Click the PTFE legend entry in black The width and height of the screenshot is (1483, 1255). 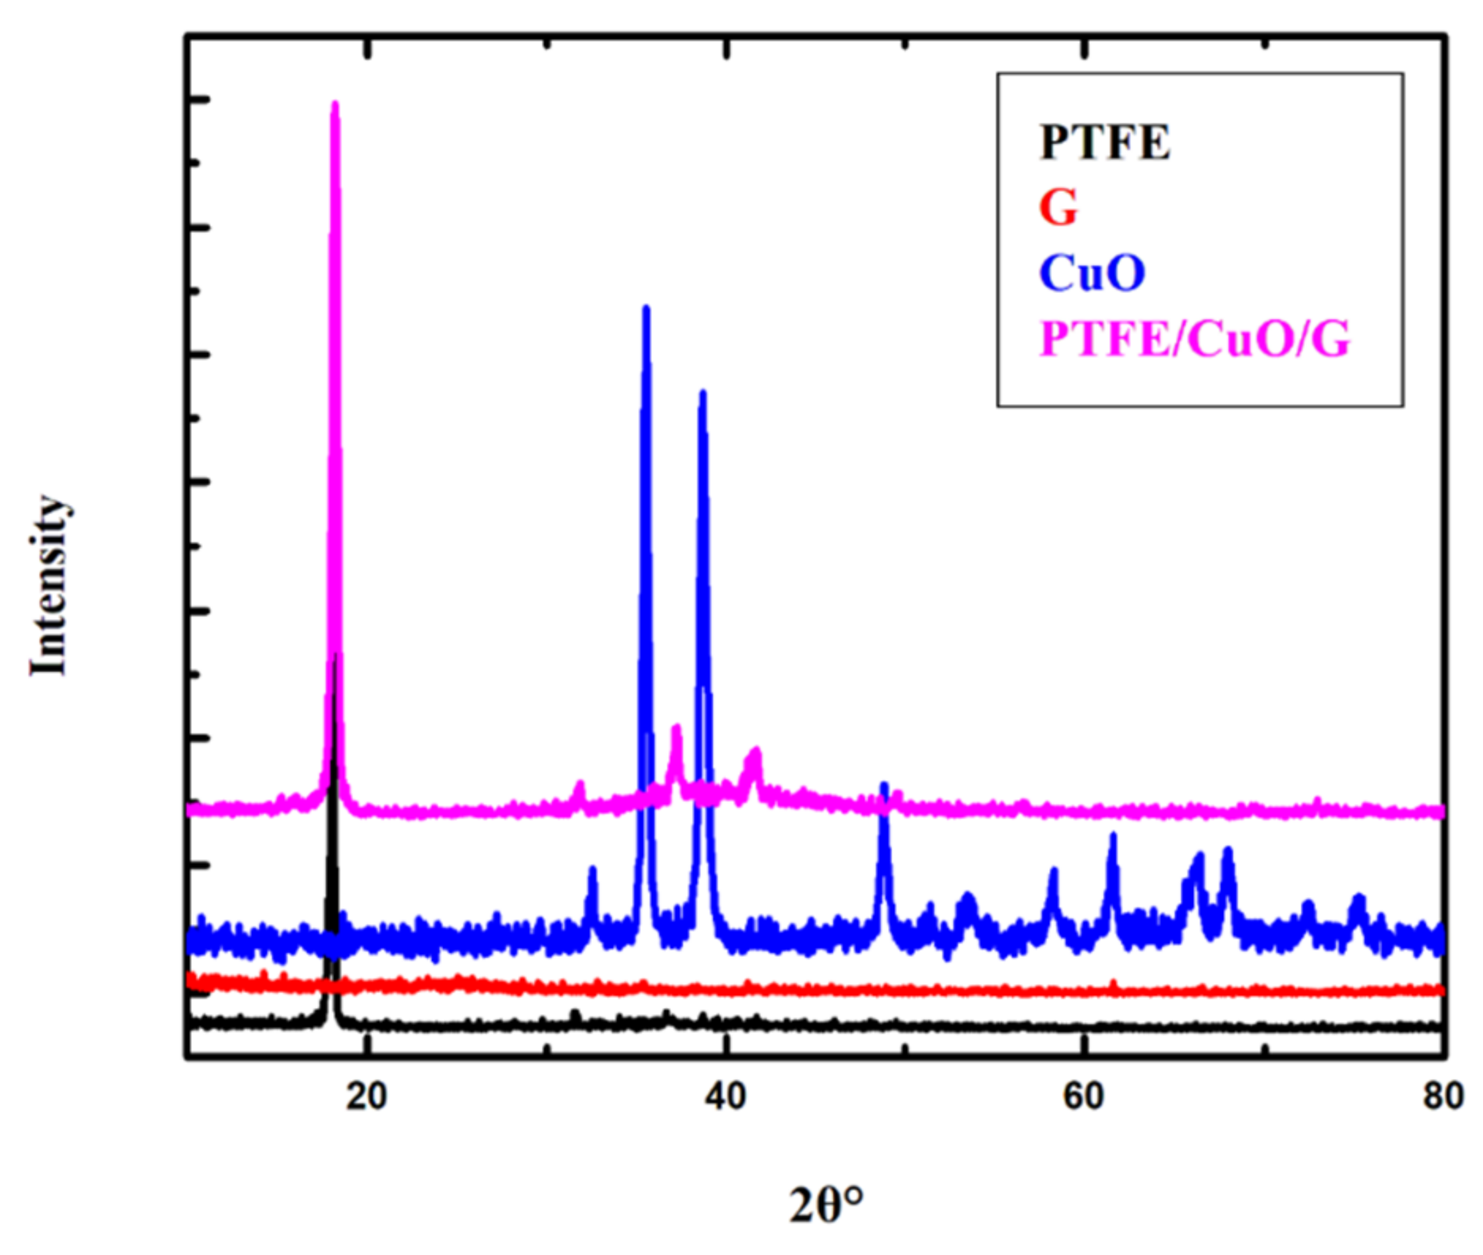click(1104, 143)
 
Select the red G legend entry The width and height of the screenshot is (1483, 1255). click(1058, 208)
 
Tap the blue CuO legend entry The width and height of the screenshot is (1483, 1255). click(1092, 273)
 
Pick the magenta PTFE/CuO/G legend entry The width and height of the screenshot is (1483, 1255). click(1194, 339)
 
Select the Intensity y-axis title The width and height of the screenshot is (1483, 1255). click(49, 586)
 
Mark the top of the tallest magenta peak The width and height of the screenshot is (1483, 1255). click(334, 104)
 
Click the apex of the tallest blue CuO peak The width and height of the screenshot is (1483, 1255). click(646, 308)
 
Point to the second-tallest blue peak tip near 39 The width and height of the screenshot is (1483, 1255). click(702, 393)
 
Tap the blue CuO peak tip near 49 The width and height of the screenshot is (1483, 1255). click(885, 785)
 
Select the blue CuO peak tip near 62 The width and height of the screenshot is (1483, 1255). click(1113, 835)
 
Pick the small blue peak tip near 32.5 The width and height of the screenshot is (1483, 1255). click(592, 869)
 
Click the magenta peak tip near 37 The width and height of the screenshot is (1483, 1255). click(676, 727)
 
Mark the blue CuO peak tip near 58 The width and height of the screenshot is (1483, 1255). click(1053, 870)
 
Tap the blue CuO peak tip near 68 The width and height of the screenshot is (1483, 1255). click(1228, 850)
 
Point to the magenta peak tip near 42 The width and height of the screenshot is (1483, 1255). click(755, 750)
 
